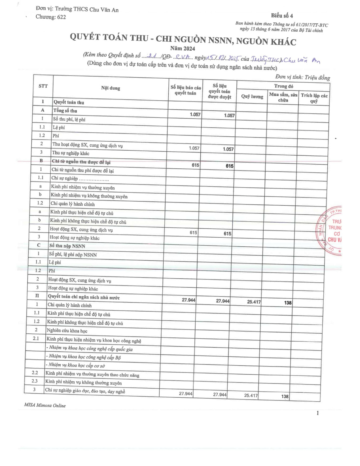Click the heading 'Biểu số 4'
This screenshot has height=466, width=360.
(282, 16)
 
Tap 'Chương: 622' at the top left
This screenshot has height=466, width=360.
(51, 17)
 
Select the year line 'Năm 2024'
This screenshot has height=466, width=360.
(182, 48)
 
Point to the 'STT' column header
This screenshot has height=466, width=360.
(43, 86)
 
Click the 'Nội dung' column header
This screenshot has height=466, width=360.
(111, 88)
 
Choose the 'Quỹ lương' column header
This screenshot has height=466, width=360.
(252, 96)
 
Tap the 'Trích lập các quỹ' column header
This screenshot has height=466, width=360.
(314, 98)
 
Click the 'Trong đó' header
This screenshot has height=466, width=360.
(283, 86)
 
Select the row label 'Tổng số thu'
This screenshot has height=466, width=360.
(65, 111)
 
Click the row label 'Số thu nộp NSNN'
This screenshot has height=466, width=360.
(67, 246)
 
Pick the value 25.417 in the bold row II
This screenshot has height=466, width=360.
(254, 302)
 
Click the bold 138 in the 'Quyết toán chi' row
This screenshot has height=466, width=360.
(288, 303)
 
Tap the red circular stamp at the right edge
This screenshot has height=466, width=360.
(331, 231)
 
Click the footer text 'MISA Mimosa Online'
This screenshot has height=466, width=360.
(45, 405)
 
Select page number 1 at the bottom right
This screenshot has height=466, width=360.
(317, 413)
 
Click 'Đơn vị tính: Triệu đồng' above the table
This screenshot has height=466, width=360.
(302, 77)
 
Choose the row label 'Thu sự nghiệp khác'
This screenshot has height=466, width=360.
(71, 153)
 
